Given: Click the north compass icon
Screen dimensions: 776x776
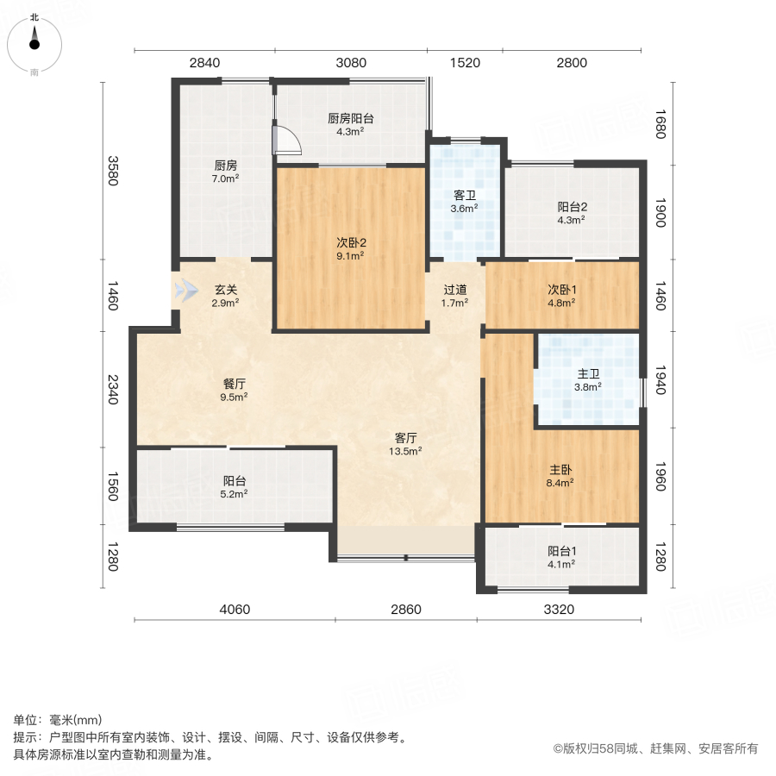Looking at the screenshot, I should coord(34,40).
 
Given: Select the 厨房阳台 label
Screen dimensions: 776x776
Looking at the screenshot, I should coord(350,119).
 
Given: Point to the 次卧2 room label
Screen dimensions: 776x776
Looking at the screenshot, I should coord(351,243).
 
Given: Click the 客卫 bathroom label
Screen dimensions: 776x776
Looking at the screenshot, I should coord(466,195).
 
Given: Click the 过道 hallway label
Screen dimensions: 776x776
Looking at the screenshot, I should coord(454,290).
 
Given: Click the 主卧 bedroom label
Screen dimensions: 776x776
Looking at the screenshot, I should coord(561,471).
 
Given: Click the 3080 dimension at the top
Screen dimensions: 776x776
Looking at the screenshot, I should coord(351,62).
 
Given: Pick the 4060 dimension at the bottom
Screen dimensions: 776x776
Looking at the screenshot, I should coord(235,610).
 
